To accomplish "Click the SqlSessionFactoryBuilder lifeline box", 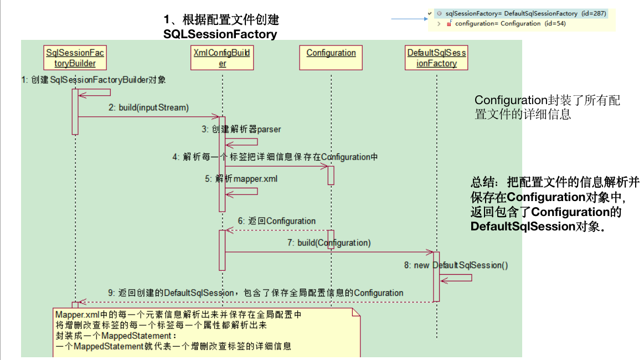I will [x=75, y=58].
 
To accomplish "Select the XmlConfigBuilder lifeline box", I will [x=222, y=58].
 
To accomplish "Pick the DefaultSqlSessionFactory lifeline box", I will [x=436, y=58].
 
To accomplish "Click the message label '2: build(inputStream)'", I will [x=149, y=107].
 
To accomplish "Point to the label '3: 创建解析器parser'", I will [x=241, y=130].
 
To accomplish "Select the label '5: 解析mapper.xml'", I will [x=241, y=179].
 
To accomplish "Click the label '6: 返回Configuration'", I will [x=277, y=221].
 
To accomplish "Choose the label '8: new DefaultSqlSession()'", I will [x=456, y=265].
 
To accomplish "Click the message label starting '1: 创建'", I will [x=94, y=80].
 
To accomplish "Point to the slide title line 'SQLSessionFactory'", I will [x=220, y=34].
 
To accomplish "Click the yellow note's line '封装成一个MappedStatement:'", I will [x=116, y=336].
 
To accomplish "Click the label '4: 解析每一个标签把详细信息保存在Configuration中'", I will [x=275, y=157].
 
